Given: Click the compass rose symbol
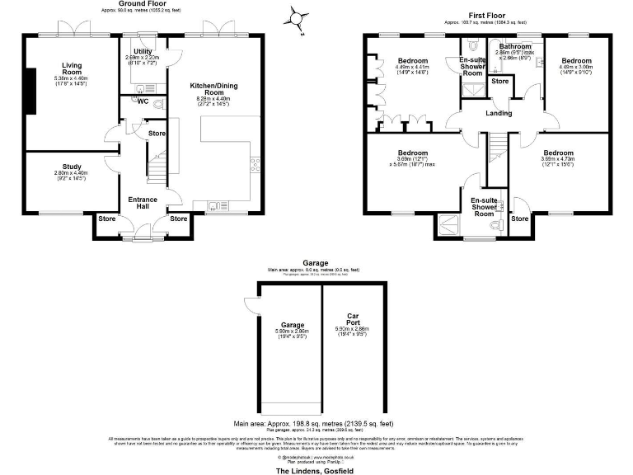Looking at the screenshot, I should [x=298, y=17].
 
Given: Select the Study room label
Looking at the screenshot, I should [x=70, y=166].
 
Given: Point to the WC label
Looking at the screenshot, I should [x=143, y=102].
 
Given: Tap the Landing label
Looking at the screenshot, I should [x=499, y=113].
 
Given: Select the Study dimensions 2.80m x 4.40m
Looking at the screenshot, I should [x=70, y=172].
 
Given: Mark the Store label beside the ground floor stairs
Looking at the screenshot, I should [x=157, y=133].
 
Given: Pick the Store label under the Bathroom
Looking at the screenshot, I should [x=499, y=81].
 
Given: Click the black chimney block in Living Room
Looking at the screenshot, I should [x=30, y=90].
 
